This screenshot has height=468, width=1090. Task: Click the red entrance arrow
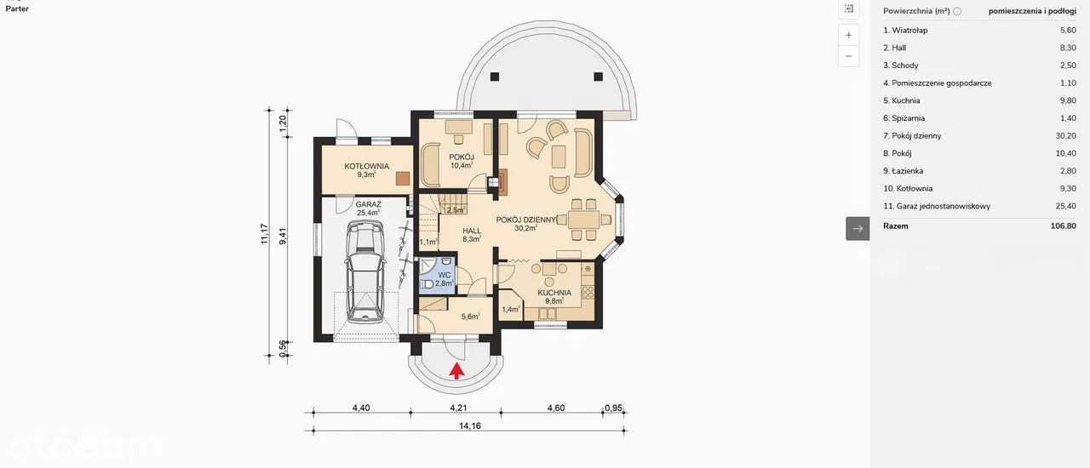(x=456, y=371)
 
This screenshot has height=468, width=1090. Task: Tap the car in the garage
(x=365, y=271)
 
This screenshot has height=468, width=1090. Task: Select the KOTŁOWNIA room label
(x=366, y=167)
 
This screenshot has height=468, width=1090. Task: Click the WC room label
(x=444, y=275)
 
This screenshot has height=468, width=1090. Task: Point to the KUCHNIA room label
(x=554, y=293)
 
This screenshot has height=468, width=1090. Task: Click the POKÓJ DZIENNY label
(x=526, y=220)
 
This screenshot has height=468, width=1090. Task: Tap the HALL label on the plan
(x=472, y=231)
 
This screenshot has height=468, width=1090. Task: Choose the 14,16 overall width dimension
(x=469, y=425)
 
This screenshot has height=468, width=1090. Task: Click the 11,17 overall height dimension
(x=264, y=233)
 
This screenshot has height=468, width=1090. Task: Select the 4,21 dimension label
(x=458, y=408)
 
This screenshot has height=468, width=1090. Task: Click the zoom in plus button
(x=848, y=35)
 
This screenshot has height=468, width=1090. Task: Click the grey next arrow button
(x=858, y=229)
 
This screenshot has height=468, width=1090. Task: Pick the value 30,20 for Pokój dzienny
(x=1065, y=136)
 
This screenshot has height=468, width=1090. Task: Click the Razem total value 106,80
(x=1064, y=225)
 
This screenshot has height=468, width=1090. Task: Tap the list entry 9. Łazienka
(x=904, y=171)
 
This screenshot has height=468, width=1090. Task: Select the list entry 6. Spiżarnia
(x=904, y=118)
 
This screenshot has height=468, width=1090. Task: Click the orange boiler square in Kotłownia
(x=403, y=179)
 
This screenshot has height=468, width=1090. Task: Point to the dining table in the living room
(x=583, y=220)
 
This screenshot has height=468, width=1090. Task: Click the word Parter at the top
(x=17, y=9)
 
